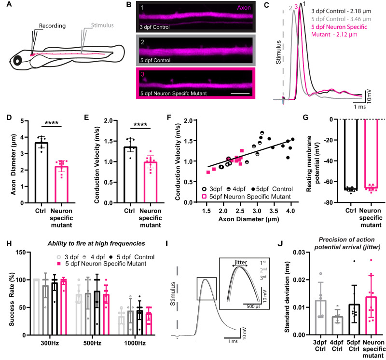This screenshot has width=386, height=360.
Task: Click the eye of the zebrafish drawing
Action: pos(17,61)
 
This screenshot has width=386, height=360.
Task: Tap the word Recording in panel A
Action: pos(52,26)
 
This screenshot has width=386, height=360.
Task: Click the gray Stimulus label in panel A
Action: pos(102,25)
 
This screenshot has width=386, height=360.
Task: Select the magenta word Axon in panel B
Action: pos(244,8)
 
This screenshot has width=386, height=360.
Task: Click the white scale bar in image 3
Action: pos(240,93)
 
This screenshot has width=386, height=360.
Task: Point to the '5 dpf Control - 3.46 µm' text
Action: pos(341,19)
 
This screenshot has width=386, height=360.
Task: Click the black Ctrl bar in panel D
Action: pos(41,173)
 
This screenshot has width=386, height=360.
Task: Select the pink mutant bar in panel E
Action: pos(151,183)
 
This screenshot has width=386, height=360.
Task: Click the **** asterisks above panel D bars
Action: pos(52,123)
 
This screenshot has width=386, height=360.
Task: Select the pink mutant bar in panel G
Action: pos(371,154)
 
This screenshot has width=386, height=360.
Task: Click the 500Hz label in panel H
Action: pos(92,343)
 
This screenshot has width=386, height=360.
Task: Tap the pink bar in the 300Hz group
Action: pos(64,307)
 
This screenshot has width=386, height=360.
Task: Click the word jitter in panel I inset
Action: pos(240,263)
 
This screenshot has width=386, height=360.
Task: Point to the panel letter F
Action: pos(169,118)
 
